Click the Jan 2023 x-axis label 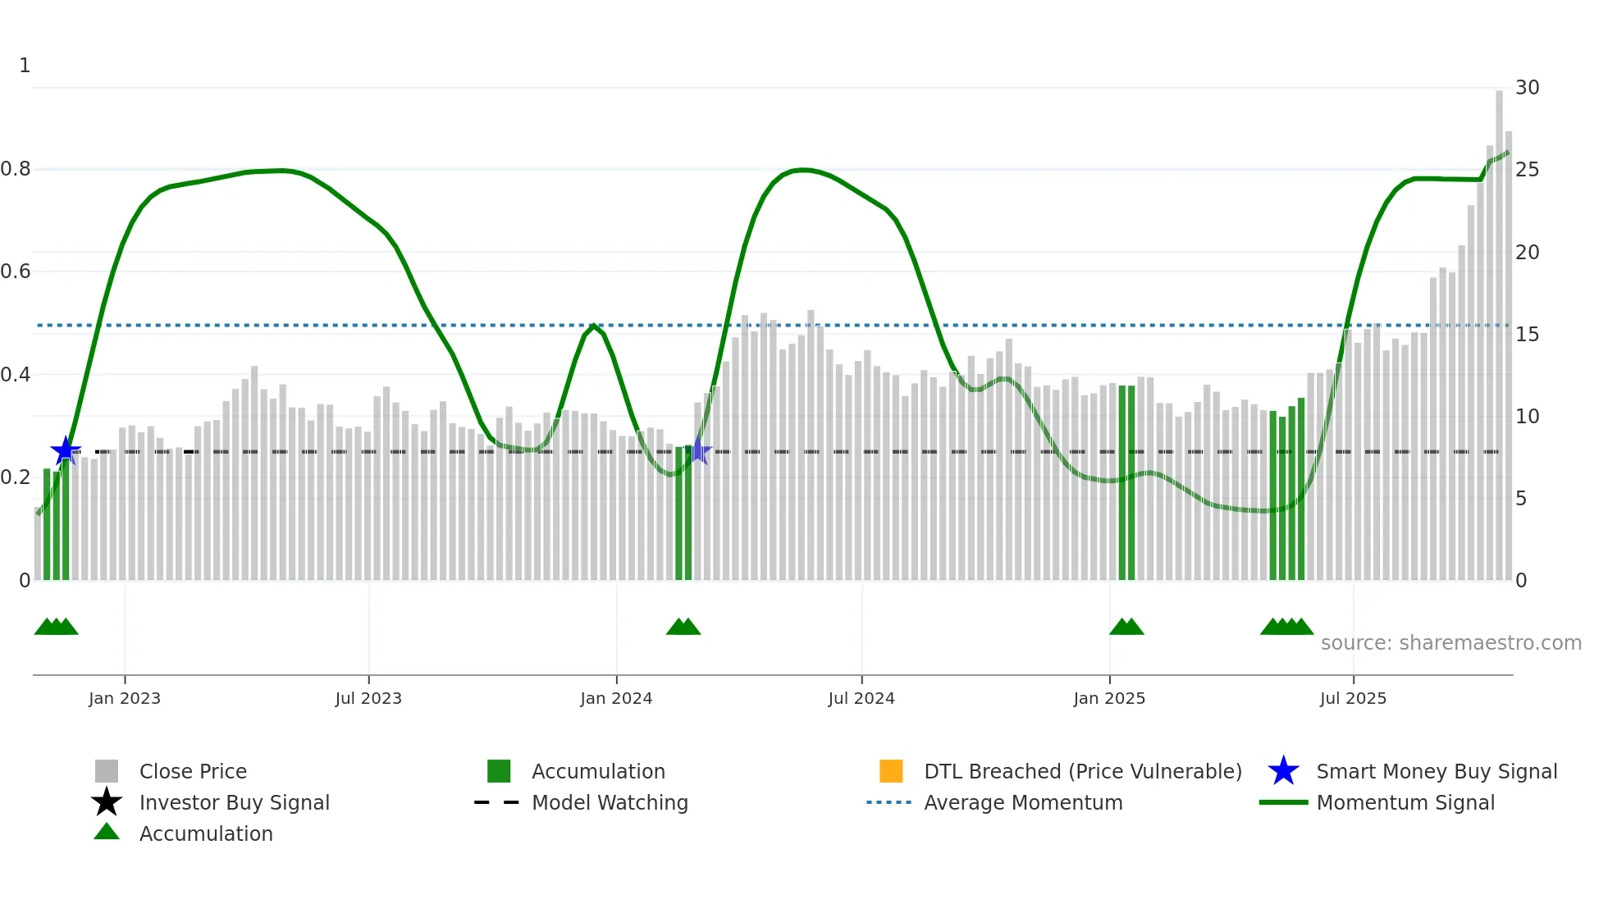tap(125, 698)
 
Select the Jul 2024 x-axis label tap(861, 698)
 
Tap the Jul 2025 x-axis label tap(1353, 698)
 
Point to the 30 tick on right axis tap(1527, 88)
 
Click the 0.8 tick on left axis tap(16, 169)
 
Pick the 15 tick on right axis tap(1527, 335)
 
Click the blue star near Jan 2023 tap(66, 450)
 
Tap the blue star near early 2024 tap(698, 450)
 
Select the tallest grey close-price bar tap(1499, 328)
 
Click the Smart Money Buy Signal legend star tap(1283, 771)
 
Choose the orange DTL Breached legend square tap(891, 771)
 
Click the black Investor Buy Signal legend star tap(107, 802)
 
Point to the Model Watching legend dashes tap(497, 802)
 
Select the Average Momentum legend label tap(1023, 802)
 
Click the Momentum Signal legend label tap(1405, 802)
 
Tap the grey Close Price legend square tap(107, 771)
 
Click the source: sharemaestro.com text tap(1450, 643)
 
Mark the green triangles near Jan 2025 tap(1126, 628)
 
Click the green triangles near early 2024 tap(683, 628)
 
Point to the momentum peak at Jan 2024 tap(593, 326)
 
